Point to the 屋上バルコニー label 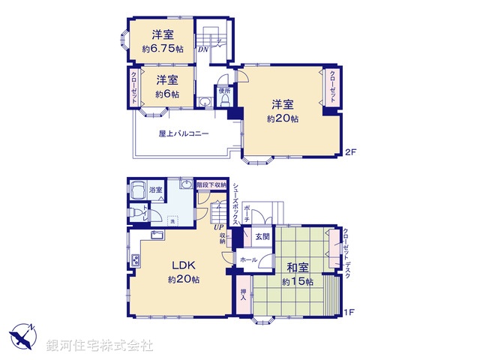[184, 134]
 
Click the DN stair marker [203, 50]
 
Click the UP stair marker [218, 227]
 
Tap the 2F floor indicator [349, 152]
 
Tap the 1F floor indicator [349, 310]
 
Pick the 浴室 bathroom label [155, 190]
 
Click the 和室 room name [298, 267]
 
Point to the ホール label [250, 259]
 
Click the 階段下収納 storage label [211, 184]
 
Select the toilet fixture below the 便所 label [223, 101]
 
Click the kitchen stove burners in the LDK [136, 260]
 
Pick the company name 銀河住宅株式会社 [100, 346]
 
